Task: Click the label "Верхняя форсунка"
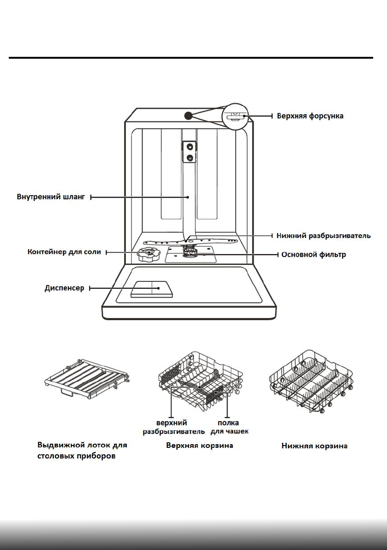[310, 116]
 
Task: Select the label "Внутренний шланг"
[48, 197]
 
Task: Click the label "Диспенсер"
[64, 288]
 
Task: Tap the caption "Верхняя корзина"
[199, 446]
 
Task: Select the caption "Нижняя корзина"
[314, 446]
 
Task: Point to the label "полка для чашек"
[229, 427]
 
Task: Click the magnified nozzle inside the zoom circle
[236, 116]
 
